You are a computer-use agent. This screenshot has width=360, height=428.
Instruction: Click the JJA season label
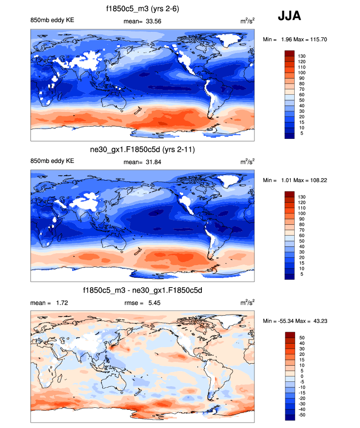[289, 16]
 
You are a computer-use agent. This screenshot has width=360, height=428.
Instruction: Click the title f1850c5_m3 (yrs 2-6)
[143, 9]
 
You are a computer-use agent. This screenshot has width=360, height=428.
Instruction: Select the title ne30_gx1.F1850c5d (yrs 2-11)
[143, 150]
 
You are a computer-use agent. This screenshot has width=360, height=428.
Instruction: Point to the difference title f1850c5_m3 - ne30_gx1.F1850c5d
[143, 291]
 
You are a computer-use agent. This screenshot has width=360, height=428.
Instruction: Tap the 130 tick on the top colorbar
[302, 56]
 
